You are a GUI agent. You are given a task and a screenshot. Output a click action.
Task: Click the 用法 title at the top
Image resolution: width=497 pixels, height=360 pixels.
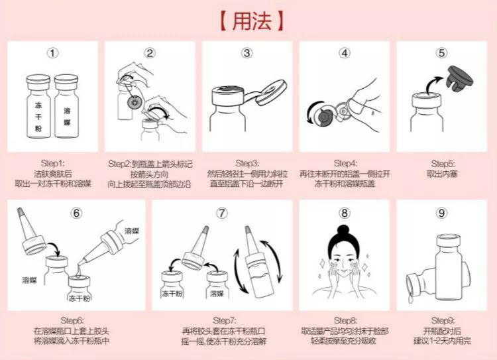(x=248, y=19)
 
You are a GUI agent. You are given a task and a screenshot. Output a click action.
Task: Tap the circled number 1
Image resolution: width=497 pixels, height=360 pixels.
(x=54, y=52)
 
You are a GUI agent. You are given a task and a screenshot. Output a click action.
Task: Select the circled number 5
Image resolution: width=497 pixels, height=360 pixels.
(x=442, y=52)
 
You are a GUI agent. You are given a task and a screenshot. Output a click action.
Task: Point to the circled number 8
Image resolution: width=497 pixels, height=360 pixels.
(x=344, y=213)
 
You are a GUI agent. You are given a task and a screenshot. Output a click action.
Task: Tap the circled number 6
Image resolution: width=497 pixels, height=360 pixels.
(x=77, y=213)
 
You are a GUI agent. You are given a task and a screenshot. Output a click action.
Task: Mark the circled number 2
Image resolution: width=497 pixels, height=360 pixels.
(x=150, y=52)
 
